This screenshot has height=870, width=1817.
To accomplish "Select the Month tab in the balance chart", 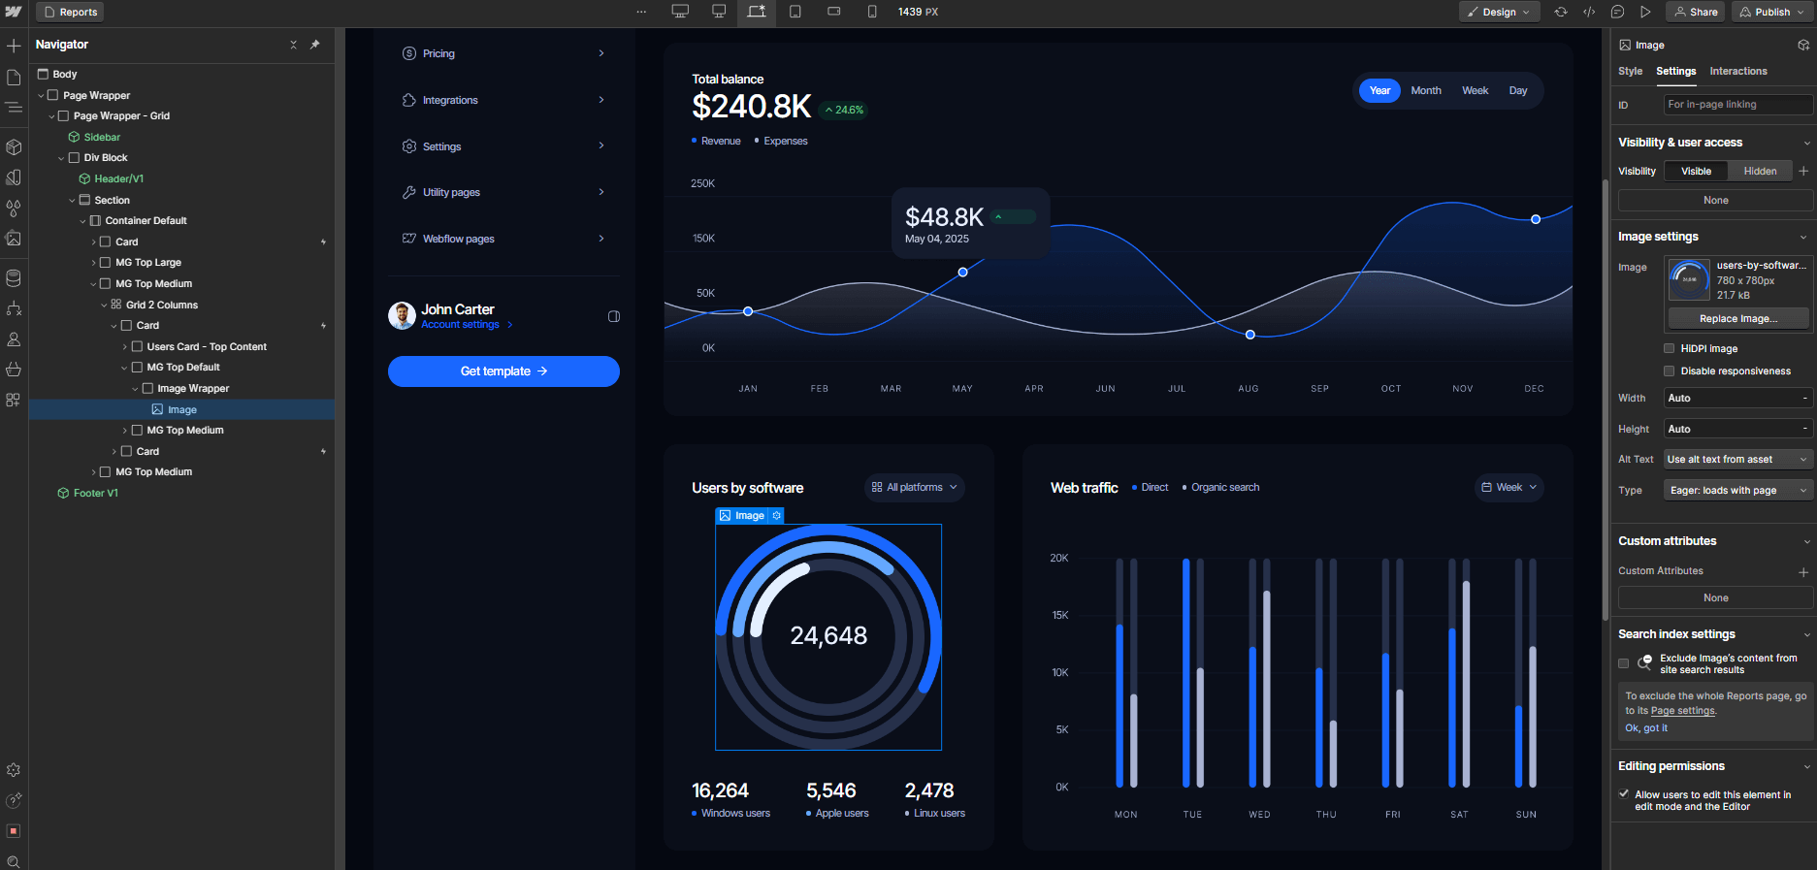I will coord(1425,90).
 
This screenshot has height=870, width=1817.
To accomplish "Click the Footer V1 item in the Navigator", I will coord(95,493).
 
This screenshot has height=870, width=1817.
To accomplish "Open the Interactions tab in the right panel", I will coord(1737,71).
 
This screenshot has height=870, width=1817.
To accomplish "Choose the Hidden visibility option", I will coord(1760,171).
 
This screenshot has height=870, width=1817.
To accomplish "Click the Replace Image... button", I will coord(1737,318).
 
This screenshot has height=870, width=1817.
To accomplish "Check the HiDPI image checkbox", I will coord(1669,348).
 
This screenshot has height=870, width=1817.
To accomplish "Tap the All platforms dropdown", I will coord(914,487).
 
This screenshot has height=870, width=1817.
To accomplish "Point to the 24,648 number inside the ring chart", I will coord(828,635).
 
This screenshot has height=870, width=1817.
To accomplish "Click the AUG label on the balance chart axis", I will coord(1248,388).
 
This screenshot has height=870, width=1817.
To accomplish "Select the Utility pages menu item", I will coord(451,192).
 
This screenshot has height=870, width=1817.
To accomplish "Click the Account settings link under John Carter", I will coord(460,325).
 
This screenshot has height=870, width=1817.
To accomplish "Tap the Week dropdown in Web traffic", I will coord(1509,487).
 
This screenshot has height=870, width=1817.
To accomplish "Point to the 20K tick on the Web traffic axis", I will coord(1058,558).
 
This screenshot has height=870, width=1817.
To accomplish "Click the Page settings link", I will coord(1682,710).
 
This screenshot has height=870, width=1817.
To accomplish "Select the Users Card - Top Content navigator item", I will coord(207,346).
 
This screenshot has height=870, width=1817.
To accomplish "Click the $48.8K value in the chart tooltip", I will coord(943,217).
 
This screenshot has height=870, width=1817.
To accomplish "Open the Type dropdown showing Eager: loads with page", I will coord(1737,490).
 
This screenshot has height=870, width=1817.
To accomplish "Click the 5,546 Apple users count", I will coord(830,790).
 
